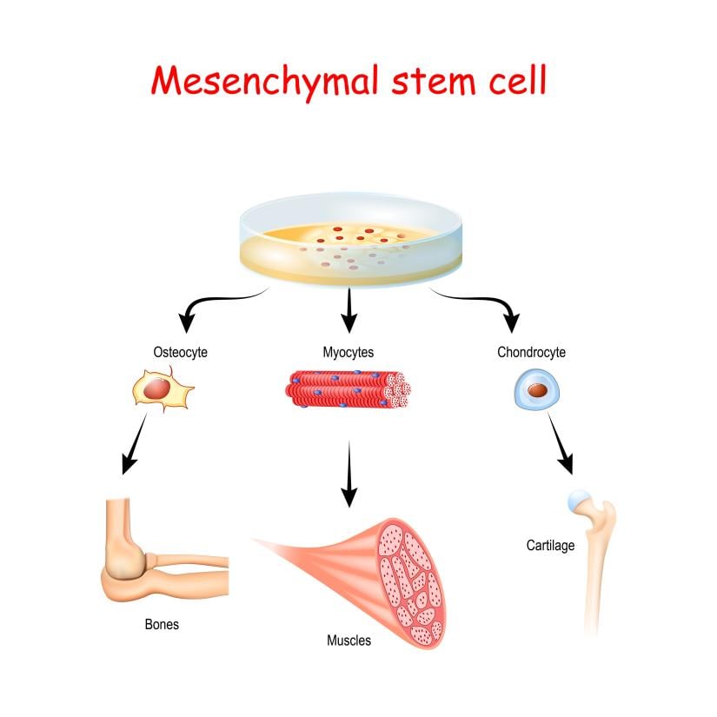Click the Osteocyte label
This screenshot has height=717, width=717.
181,352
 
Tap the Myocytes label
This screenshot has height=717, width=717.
348,352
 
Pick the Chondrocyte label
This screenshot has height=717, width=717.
531,352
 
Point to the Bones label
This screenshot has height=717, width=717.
163,624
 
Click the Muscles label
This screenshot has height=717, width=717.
349,641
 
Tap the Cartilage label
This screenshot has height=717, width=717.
550,546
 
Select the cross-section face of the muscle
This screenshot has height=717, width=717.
413,578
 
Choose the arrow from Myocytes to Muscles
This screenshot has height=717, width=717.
349,474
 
